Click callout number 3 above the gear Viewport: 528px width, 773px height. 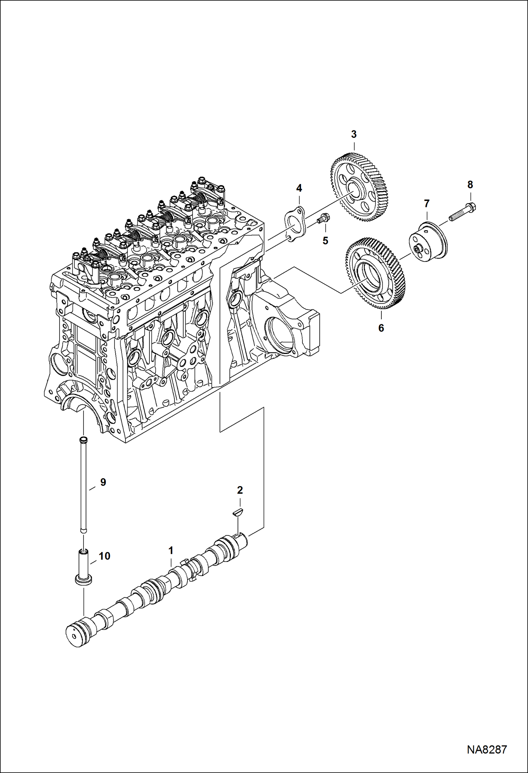[x=354, y=134]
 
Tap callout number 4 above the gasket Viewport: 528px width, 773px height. [x=299, y=188]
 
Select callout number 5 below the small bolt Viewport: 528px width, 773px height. [x=325, y=241]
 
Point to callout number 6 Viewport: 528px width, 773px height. [x=381, y=328]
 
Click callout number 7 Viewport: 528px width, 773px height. [x=426, y=203]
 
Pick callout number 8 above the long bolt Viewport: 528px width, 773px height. [x=470, y=184]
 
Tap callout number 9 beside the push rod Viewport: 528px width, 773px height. [x=103, y=482]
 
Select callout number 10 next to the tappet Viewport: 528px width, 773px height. [x=104, y=556]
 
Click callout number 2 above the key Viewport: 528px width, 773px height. [x=240, y=490]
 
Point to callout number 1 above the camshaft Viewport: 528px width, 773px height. [x=171, y=550]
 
